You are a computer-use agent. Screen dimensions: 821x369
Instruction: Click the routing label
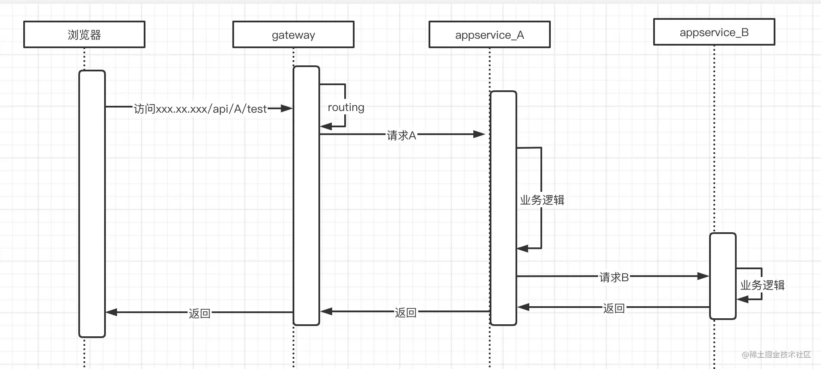pos(346,108)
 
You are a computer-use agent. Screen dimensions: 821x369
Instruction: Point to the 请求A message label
pos(401,135)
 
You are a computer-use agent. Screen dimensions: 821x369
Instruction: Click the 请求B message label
pos(614,277)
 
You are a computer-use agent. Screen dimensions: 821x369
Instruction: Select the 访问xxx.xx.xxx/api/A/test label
pos(200,109)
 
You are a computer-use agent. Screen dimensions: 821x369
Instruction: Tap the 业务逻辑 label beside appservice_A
pos(542,200)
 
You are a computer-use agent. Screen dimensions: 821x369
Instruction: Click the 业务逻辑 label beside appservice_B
pos(762,285)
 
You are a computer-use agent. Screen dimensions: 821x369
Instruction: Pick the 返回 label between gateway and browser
pos(200,313)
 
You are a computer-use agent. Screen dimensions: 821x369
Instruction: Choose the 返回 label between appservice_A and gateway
pos(406,313)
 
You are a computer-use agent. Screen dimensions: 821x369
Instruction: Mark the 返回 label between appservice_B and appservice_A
pos(614,308)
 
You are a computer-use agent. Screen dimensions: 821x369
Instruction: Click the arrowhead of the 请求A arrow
pos(479,134)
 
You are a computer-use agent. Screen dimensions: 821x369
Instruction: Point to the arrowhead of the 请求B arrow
pos(703,276)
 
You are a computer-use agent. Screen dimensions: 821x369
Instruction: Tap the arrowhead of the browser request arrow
pos(287,108)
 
